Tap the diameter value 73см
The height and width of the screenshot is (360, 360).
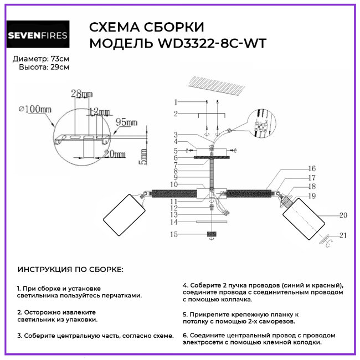(x=60, y=59)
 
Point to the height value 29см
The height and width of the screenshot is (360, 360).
(x=60, y=67)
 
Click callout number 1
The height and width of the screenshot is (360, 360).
(x=174, y=102)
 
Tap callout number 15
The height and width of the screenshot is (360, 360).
(x=174, y=235)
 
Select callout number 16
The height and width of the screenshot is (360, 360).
(x=312, y=168)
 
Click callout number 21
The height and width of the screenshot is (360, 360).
(x=343, y=235)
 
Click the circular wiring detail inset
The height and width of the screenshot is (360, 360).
(x=260, y=124)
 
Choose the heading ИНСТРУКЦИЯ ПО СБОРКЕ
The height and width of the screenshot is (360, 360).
(x=70, y=269)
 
